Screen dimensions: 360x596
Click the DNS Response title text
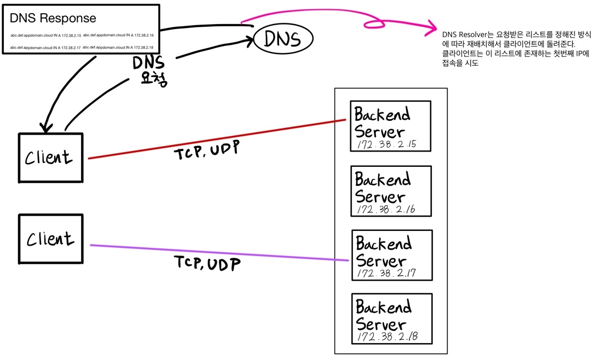53,18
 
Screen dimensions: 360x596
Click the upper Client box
50,157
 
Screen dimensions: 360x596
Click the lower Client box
50,239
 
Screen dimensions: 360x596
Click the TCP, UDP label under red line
207,152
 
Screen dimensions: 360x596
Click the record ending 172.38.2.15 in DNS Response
45,35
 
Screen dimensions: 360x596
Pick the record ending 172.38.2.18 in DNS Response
118,48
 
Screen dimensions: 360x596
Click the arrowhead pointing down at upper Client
47,127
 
